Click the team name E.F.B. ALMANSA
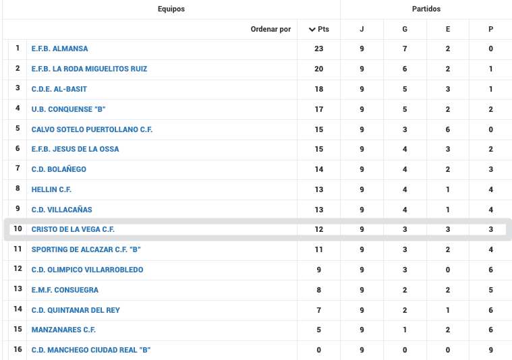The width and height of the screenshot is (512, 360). pyautogui.click(x=59, y=49)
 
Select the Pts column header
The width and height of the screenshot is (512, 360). pyautogui.click(x=319, y=29)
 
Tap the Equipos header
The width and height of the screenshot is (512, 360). pyautogui.click(x=171, y=9)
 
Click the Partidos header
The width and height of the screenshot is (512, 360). pyautogui.click(x=426, y=9)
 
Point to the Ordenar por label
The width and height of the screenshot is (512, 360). pyautogui.click(x=271, y=29)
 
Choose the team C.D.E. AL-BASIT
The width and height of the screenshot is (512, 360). pyautogui.click(x=59, y=89)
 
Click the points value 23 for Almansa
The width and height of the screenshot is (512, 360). pyautogui.click(x=319, y=49)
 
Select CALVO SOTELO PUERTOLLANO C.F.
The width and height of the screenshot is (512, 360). pyautogui.click(x=92, y=129)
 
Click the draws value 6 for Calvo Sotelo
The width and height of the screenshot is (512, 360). pyautogui.click(x=448, y=129)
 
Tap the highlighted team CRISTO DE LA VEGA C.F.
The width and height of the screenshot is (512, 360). pyautogui.click(x=73, y=229)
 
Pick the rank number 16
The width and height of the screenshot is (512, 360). pyautogui.click(x=18, y=349)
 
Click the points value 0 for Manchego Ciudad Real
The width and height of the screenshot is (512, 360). pyautogui.click(x=319, y=350)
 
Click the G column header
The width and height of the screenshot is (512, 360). pyautogui.click(x=405, y=29)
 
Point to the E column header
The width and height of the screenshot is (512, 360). pyautogui.click(x=448, y=29)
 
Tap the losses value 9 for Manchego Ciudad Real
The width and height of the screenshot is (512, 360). pyautogui.click(x=490, y=350)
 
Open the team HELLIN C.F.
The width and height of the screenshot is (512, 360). pyautogui.click(x=51, y=189)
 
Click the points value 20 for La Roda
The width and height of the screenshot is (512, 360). pyautogui.click(x=319, y=69)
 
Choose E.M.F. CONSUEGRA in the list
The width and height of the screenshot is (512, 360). pyautogui.click(x=65, y=290)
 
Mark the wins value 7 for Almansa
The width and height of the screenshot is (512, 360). pyautogui.click(x=405, y=49)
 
